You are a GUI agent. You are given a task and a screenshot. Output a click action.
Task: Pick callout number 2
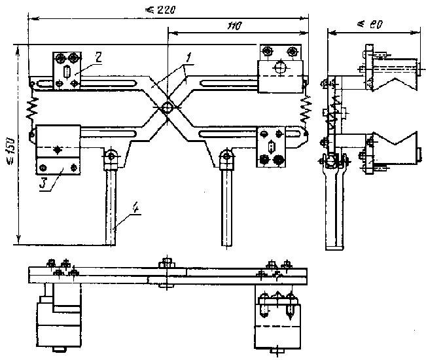point(96,58)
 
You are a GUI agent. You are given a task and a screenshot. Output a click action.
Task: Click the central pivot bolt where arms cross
point(168,108)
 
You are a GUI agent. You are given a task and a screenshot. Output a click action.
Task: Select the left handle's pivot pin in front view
point(111,156)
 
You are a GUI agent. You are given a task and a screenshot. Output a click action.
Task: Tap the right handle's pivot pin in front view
point(226,156)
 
